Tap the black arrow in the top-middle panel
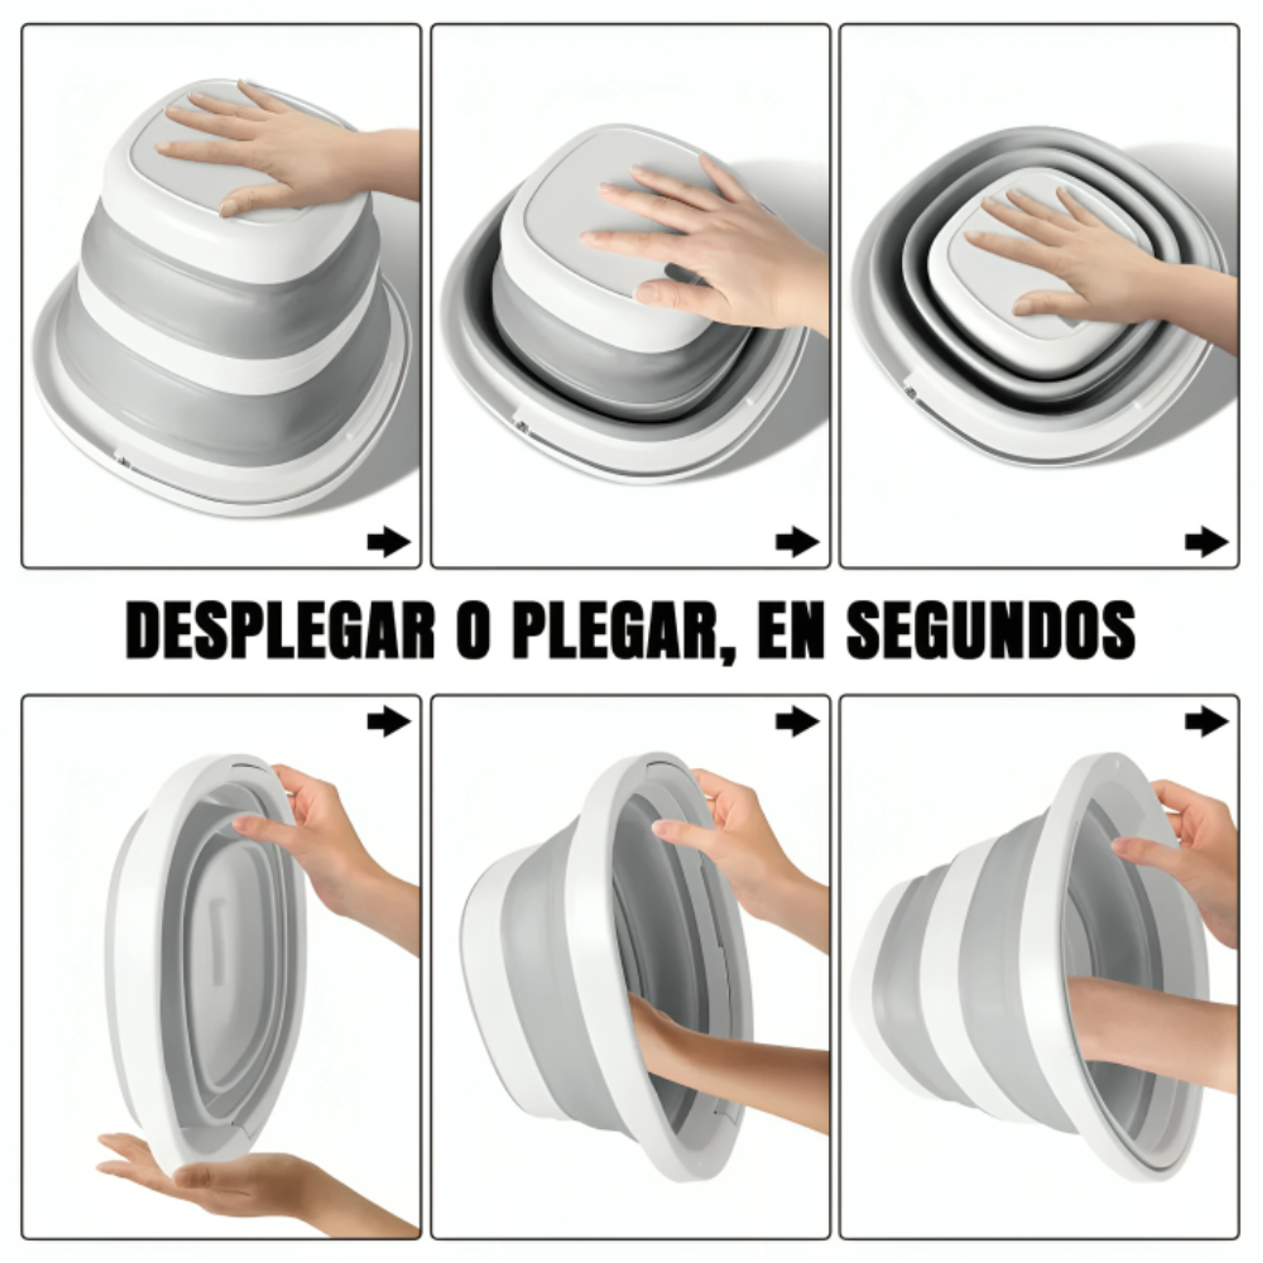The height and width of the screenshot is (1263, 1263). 797,542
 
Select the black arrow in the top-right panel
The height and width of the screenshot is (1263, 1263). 1206,542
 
